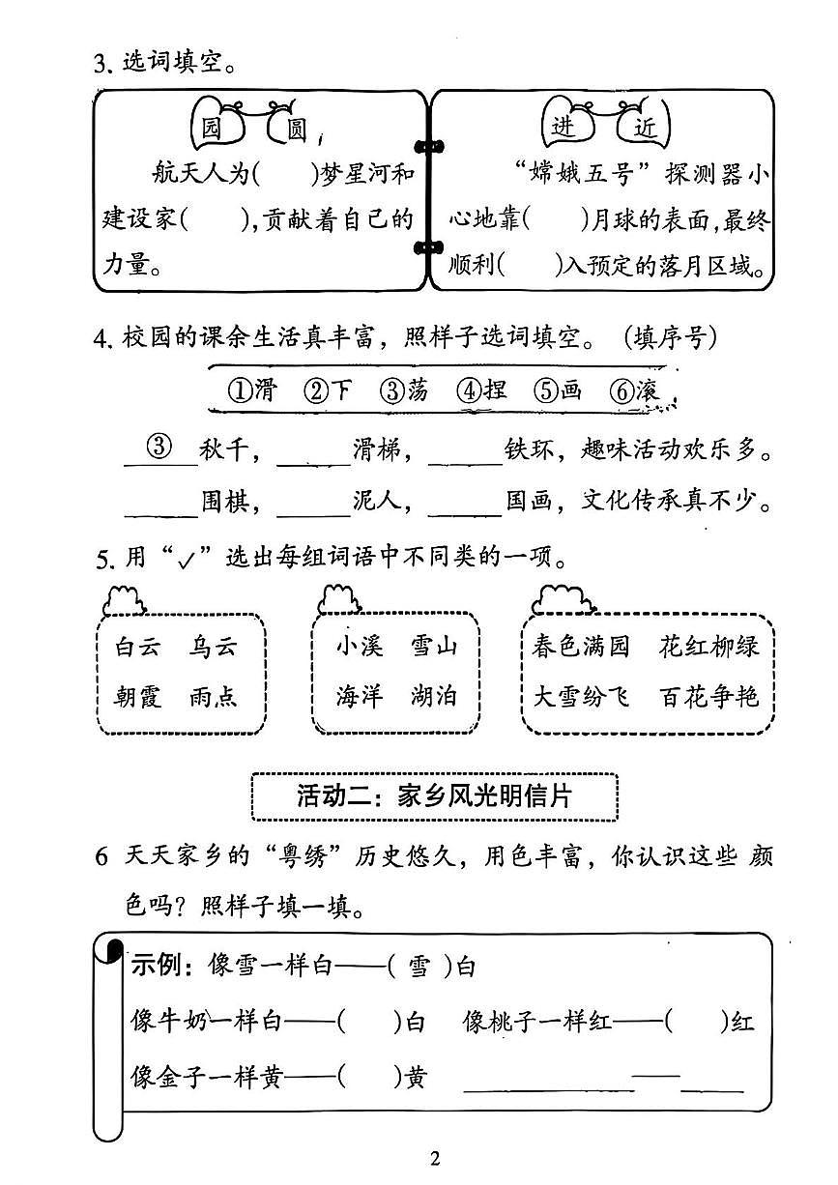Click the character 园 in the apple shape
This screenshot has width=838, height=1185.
(x=209, y=128)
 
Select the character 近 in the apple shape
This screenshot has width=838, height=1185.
(x=644, y=128)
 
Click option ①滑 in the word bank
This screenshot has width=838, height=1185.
(x=251, y=390)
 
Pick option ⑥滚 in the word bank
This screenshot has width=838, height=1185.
(x=634, y=390)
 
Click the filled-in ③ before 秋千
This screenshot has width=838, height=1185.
(x=159, y=448)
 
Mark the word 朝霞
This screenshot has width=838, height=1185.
(x=137, y=696)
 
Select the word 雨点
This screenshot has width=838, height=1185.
(x=214, y=696)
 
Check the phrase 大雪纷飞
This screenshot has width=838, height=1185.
(x=581, y=696)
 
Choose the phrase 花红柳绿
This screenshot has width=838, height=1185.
(x=709, y=646)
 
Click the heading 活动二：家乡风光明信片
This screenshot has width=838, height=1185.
(x=434, y=796)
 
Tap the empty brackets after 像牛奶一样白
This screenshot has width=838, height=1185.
(x=369, y=1022)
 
